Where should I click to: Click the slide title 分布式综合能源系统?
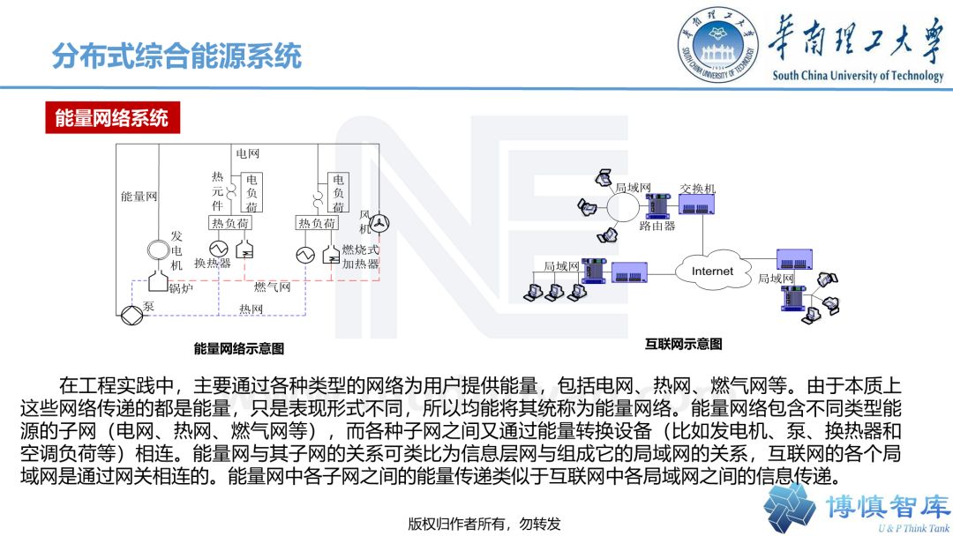click(176, 56)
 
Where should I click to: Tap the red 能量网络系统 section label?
click(112, 118)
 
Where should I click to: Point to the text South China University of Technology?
click(858, 76)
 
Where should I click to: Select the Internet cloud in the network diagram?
click(712, 271)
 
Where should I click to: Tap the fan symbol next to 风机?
click(379, 222)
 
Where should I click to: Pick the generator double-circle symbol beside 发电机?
click(158, 250)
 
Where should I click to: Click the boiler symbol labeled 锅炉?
click(159, 280)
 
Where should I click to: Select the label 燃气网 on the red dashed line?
click(272, 287)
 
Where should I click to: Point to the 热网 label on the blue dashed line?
click(251, 309)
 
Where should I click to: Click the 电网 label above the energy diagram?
click(248, 154)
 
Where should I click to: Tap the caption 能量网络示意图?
click(239, 349)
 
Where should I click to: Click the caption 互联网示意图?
click(684, 344)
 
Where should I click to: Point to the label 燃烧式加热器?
click(360, 257)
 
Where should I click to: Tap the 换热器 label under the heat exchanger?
click(212, 264)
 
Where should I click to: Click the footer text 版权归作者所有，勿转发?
click(484, 523)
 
